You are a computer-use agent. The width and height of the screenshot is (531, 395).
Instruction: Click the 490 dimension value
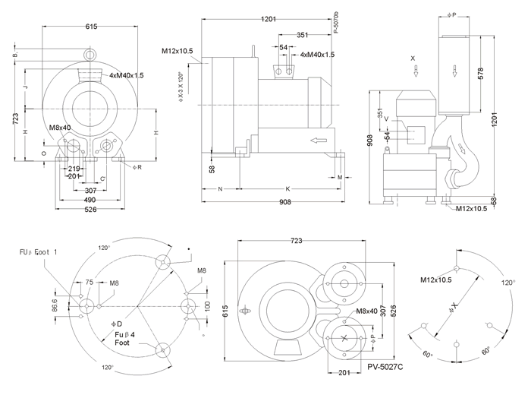pyautogui.click(x=90, y=199)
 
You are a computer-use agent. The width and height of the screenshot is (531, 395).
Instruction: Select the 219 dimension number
pyautogui.click(x=74, y=168)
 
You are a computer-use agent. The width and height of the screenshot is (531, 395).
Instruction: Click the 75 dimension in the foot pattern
pyautogui.click(x=89, y=283)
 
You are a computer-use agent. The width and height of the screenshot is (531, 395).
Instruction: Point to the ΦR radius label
pyautogui.click(x=137, y=166)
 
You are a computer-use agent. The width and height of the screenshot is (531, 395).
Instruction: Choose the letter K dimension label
pyautogui.click(x=287, y=188)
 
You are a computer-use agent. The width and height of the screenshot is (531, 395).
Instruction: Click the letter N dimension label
pyautogui.click(x=220, y=188)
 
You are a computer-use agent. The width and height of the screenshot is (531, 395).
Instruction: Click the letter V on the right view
pyautogui.click(x=386, y=118)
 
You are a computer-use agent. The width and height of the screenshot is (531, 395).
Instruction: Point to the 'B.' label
pyautogui.click(x=16, y=55)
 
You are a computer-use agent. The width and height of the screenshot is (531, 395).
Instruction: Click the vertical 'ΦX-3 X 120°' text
pyautogui.click(x=180, y=87)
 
